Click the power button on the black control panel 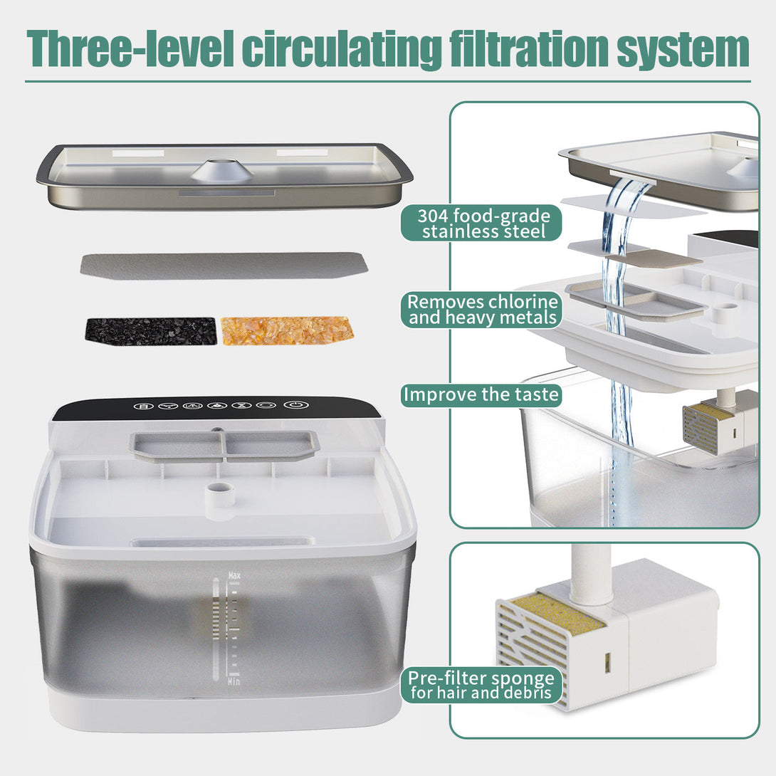[x=293, y=405]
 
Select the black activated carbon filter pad [x=150, y=331]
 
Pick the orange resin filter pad [x=287, y=330]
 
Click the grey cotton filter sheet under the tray [x=224, y=265]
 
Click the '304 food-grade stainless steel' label [x=481, y=223]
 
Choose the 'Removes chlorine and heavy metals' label [x=482, y=310]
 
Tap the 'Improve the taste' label [x=481, y=395]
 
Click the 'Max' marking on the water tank [x=234, y=574]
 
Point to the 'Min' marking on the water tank [x=234, y=681]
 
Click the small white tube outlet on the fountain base [x=221, y=493]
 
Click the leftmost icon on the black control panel [x=143, y=406]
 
